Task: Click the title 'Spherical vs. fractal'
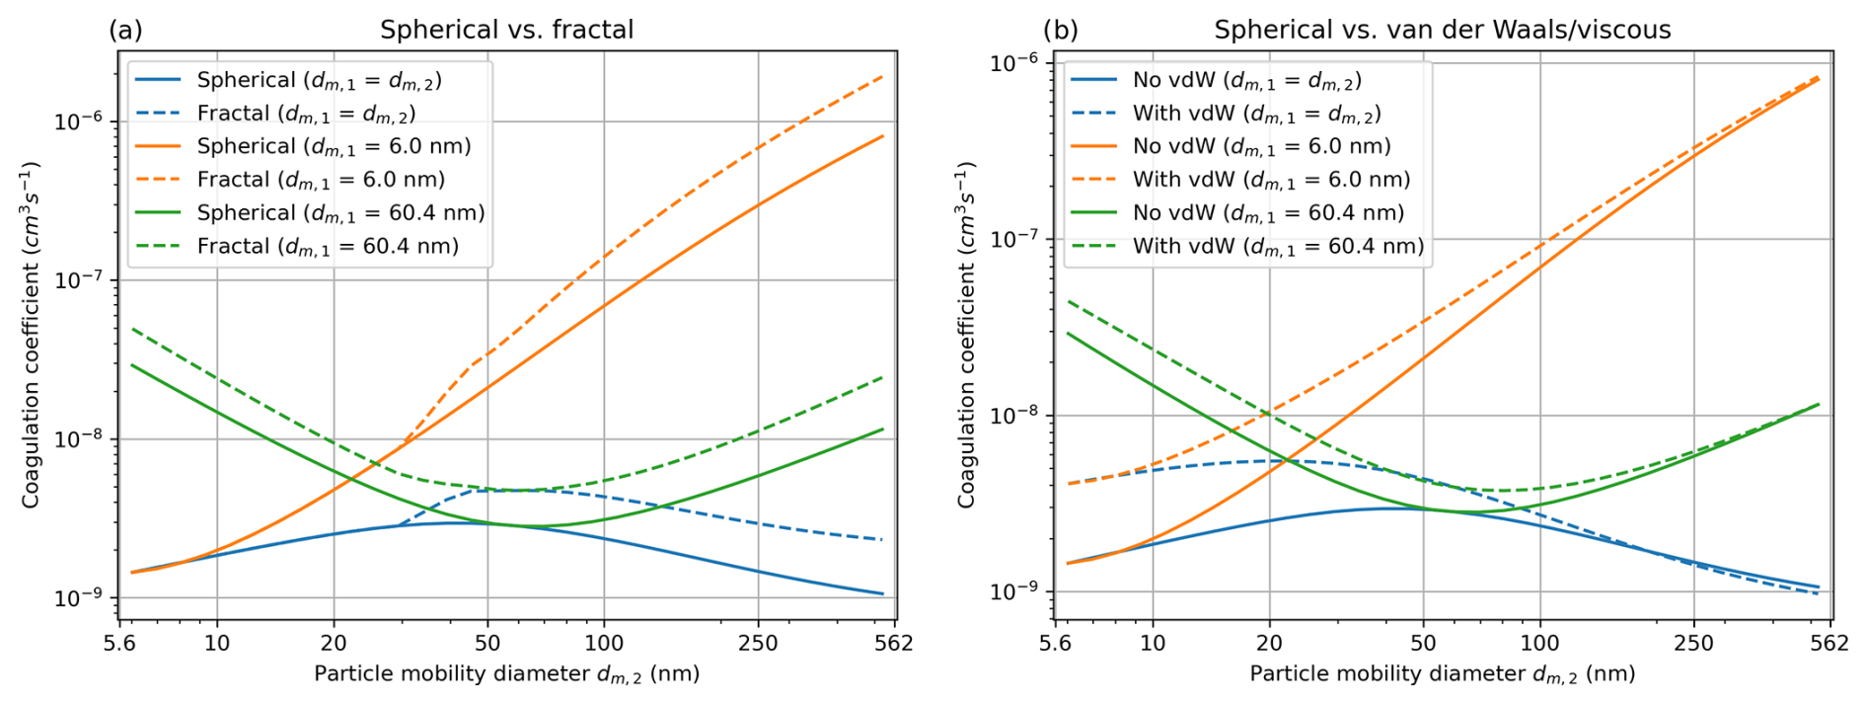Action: click(x=506, y=30)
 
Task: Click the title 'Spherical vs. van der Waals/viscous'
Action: click(x=1442, y=30)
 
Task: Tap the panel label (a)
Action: click(x=125, y=30)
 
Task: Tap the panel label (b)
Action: click(x=1061, y=30)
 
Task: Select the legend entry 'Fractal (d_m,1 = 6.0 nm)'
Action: click(x=321, y=180)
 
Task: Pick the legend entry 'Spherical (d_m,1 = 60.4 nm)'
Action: click(x=340, y=212)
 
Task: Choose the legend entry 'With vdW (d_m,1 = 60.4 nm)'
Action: click(x=1278, y=246)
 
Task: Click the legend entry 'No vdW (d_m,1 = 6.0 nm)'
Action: click(x=1261, y=146)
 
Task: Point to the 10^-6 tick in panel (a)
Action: click(x=80, y=121)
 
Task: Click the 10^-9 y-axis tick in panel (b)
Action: click(x=1015, y=591)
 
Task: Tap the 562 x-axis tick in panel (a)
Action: click(x=894, y=644)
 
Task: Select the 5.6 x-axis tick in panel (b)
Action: click(x=1055, y=644)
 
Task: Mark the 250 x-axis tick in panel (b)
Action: click(x=1693, y=644)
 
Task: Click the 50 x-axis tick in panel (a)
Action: click(x=487, y=644)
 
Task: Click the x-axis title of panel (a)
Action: click(x=506, y=674)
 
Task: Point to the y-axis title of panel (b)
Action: click(x=966, y=336)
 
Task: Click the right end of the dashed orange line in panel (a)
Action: click(x=883, y=75)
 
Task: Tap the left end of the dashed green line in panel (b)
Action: click(x=1069, y=301)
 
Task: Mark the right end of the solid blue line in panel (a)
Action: click(x=883, y=594)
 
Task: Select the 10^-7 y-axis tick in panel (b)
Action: click(x=1015, y=239)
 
